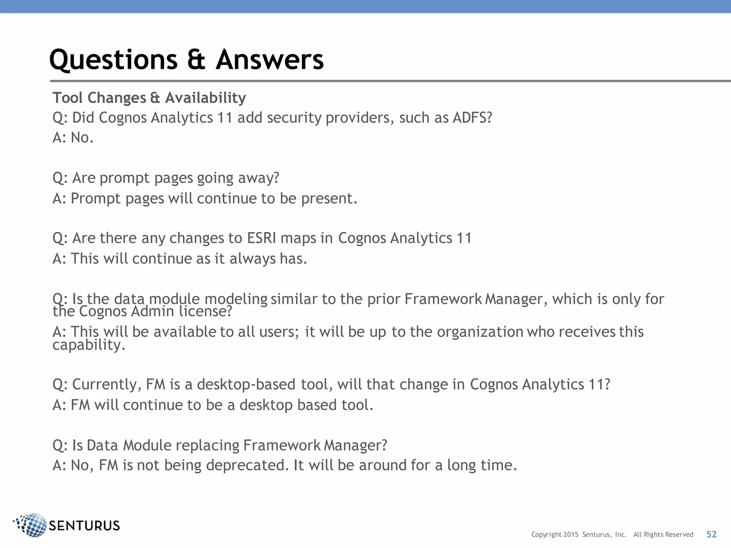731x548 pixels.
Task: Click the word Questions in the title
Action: point(114,60)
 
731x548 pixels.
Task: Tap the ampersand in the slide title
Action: point(196,60)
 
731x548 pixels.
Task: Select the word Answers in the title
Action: point(270,60)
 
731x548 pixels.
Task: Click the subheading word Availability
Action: point(206,98)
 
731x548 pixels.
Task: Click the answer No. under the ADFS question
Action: point(82,138)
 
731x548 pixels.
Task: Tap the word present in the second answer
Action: point(329,198)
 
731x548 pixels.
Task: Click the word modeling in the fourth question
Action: point(236,299)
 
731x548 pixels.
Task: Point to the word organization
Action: point(480,332)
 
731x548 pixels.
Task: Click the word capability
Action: point(89,345)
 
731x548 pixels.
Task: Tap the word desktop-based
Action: point(246,385)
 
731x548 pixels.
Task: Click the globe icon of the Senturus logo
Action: point(31,525)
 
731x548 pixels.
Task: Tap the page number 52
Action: point(711,534)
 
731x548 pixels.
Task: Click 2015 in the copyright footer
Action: point(571,534)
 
